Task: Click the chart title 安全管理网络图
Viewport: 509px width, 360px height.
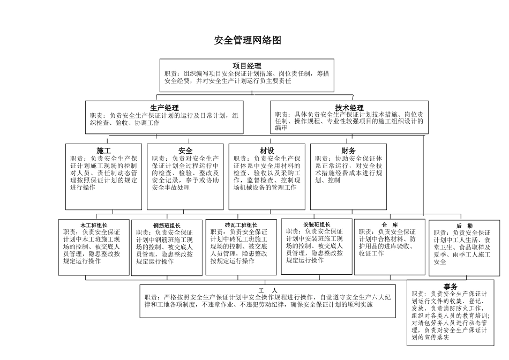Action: pos(248,41)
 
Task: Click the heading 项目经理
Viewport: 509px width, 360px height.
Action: pos(246,65)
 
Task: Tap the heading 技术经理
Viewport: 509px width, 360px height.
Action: pos(349,108)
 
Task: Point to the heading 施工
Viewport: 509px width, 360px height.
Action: pos(104,151)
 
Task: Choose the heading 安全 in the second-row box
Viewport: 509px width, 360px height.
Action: pos(185,151)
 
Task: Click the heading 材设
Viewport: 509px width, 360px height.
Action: pos(267,151)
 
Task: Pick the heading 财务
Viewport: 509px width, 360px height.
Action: pos(348,151)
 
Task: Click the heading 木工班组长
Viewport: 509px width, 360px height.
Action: pos(94,225)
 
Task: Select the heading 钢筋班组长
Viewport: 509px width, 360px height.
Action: pos(167,226)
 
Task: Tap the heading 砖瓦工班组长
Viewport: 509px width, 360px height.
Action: pos(241,225)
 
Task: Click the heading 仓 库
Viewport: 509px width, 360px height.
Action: pos(390,225)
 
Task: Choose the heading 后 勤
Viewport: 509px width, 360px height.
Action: pos(464,226)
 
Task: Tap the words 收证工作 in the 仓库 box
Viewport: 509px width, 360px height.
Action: pos(371,253)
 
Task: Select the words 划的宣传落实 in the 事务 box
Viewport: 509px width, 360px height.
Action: pos(430,337)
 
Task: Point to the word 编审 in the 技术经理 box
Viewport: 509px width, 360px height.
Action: pos(281,129)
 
